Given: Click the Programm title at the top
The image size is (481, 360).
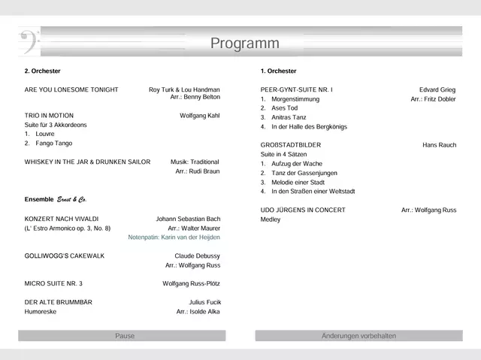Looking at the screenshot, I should click(244, 44).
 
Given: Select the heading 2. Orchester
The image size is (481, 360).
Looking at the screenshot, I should click(42, 71).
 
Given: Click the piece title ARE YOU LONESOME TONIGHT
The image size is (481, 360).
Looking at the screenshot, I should click(71, 89).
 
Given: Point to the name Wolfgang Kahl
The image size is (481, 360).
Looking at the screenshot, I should click(199, 116).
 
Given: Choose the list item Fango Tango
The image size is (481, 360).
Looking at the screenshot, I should click(54, 143).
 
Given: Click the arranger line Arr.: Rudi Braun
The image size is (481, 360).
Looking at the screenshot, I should click(197, 171).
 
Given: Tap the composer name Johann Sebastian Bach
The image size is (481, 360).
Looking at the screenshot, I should click(188, 219).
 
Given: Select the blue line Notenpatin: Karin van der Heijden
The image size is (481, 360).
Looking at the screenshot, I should click(174, 237).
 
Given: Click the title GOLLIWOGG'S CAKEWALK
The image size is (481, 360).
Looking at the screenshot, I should click(65, 256).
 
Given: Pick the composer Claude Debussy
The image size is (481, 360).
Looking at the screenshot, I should click(197, 256).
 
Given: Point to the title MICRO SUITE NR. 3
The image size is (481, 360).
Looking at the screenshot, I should click(53, 283).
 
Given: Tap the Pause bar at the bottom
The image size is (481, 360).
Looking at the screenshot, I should click(125, 336).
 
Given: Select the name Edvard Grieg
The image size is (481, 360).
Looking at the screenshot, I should click(437, 89).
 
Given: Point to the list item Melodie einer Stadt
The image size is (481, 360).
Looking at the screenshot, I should click(298, 182).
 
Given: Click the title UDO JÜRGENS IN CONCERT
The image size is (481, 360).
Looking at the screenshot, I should click(303, 210).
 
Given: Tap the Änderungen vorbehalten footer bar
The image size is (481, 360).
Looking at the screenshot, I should click(358, 336).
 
